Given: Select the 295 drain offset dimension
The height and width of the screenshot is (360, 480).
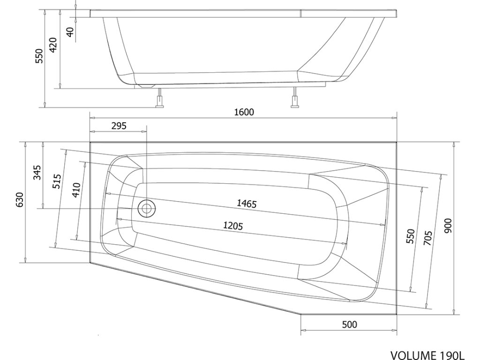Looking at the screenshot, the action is click(x=119, y=126).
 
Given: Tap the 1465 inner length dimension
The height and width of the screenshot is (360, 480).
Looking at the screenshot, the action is click(x=247, y=203).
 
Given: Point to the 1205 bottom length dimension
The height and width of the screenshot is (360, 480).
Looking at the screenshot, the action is click(x=232, y=226).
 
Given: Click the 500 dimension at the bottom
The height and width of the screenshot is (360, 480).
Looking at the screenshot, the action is click(x=350, y=324).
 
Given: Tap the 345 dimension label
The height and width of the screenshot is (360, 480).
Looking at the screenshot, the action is click(x=38, y=173).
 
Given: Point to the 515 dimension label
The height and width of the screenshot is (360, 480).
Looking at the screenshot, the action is click(x=57, y=180).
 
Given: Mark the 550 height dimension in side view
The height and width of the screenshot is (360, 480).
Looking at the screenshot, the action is click(x=39, y=56).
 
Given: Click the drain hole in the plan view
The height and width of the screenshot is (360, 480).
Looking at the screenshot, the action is click(x=147, y=208).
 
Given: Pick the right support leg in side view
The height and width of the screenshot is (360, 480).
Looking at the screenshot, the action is click(x=295, y=99).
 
